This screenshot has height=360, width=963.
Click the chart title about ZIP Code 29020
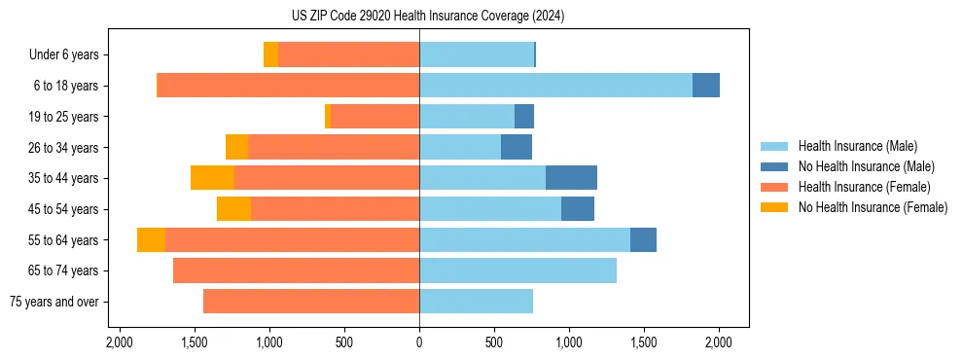point(427,17)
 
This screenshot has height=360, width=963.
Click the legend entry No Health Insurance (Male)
point(866,166)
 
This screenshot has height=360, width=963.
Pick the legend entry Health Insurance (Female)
point(864,187)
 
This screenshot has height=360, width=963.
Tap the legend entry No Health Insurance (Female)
point(873,207)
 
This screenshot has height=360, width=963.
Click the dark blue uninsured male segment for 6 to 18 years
point(706,86)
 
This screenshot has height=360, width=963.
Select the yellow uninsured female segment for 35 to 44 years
point(212,178)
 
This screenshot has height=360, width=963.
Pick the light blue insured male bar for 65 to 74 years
point(517,270)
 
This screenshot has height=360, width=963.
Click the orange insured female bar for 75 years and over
point(311,302)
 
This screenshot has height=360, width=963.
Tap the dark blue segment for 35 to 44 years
point(571,178)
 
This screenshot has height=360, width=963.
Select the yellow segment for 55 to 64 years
point(151,240)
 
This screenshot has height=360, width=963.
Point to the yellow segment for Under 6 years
point(270,55)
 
